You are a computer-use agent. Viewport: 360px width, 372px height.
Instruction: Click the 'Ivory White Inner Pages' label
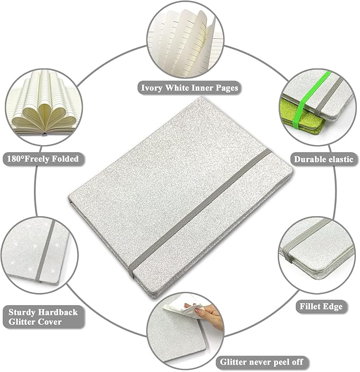pyautogui.click(x=189, y=88)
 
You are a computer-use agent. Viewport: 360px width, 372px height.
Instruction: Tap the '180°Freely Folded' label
pyautogui.click(x=43, y=159)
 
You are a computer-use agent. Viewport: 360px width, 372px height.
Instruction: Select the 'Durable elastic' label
pyautogui.click(x=323, y=159)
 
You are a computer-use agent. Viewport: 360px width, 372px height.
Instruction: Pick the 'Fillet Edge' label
pyautogui.click(x=321, y=306)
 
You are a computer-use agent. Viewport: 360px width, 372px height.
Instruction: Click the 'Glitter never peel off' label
pyautogui.click(x=261, y=362)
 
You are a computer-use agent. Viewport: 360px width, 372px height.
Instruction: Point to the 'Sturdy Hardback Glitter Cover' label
pyautogui.click(x=43, y=317)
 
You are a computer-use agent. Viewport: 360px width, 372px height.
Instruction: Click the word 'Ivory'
pyautogui.click(x=151, y=88)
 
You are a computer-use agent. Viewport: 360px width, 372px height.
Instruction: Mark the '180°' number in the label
pyautogui.click(x=15, y=159)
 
